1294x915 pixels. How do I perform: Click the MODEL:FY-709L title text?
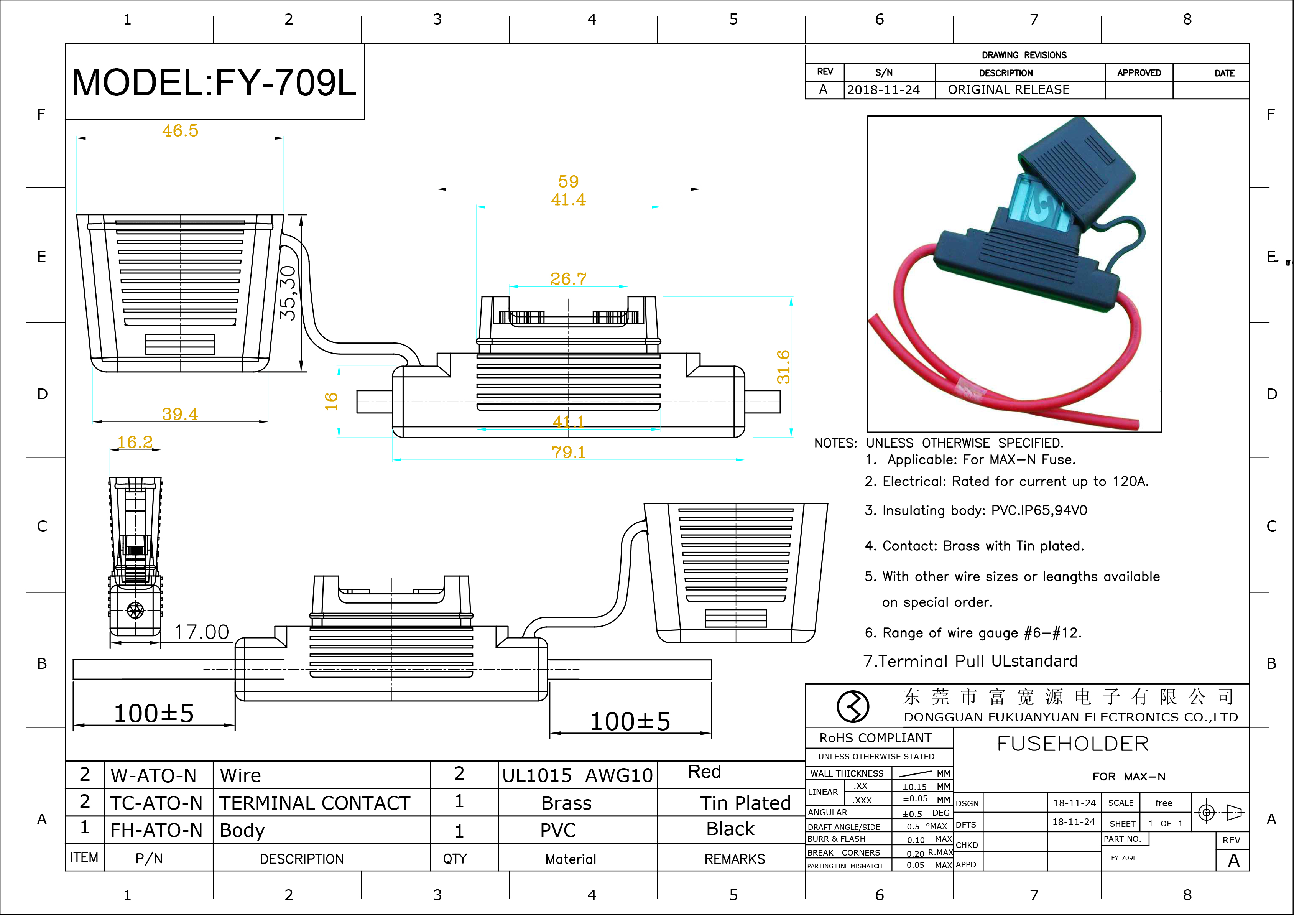pos(214,83)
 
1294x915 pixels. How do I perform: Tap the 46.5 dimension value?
pos(180,130)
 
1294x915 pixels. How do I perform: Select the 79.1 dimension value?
pos(568,452)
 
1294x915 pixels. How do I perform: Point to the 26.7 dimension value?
pos(568,278)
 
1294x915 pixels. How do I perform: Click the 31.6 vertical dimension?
pos(783,367)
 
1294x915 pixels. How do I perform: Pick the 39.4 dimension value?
pos(180,415)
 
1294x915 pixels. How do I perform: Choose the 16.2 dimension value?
pos(135,442)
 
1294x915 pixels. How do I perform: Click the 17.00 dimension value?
pos(201,632)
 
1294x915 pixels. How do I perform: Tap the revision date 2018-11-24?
pos(883,90)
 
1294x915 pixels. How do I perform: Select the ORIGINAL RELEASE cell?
pos(1008,90)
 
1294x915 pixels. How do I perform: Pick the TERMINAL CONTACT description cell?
pos(314,803)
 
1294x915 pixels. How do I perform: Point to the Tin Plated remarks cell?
pos(745,803)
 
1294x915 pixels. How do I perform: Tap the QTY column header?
pos(454,859)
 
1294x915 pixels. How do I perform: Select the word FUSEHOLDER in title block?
pos(1072,744)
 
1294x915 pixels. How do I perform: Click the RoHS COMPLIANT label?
pos(875,738)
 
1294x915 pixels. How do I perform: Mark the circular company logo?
pos(853,706)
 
